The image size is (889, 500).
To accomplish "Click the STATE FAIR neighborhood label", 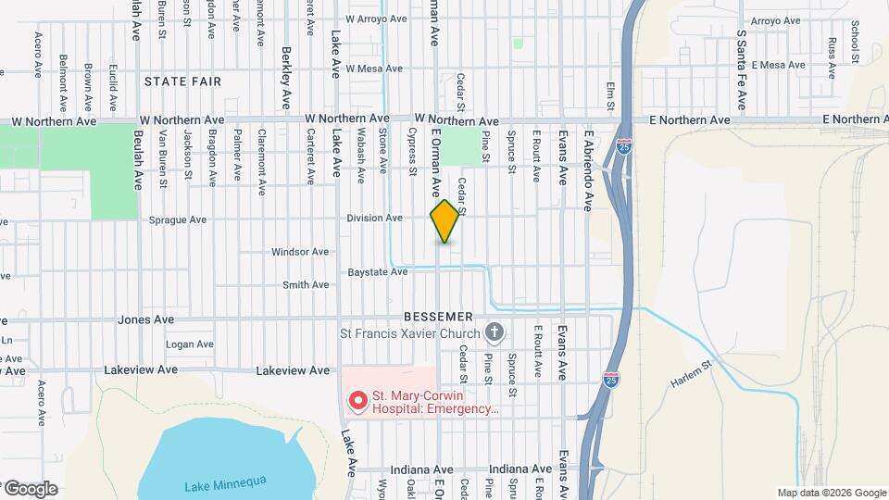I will click(182, 81).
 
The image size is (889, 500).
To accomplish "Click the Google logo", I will click(30, 489).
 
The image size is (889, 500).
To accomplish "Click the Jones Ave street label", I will click(146, 319).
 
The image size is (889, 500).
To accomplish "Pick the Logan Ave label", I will click(189, 344).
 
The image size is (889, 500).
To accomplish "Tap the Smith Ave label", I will click(307, 285).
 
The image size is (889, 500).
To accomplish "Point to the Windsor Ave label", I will click(300, 252).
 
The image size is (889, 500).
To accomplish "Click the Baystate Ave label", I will click(377, 272).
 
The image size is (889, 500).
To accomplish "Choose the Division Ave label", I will click(374, 219).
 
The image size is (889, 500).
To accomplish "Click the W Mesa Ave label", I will click(374, 69).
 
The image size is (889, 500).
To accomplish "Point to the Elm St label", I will click(610, 95).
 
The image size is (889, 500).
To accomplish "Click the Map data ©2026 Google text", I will click(831, 493).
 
